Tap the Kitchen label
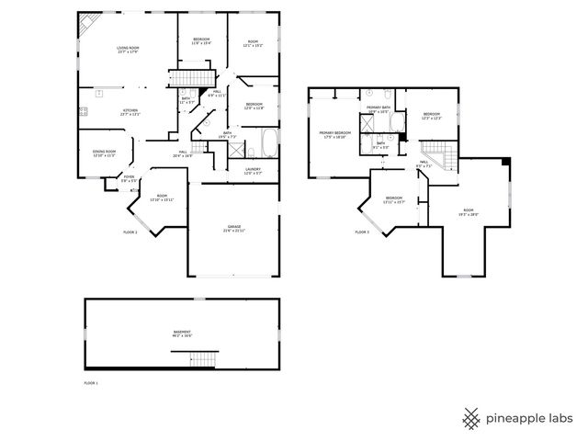point(131,113)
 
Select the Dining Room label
point(104,153)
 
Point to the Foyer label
point(129,179)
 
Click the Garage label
point(233,229)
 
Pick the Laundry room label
point(253,171)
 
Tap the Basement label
point(182,334)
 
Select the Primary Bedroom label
point(333,135)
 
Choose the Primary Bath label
point(379,110)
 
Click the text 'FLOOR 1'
point(90,382)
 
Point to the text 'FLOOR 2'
point(130,232)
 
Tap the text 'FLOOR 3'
point(361,232)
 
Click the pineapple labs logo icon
point(471,418)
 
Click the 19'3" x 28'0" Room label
point(469,214)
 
